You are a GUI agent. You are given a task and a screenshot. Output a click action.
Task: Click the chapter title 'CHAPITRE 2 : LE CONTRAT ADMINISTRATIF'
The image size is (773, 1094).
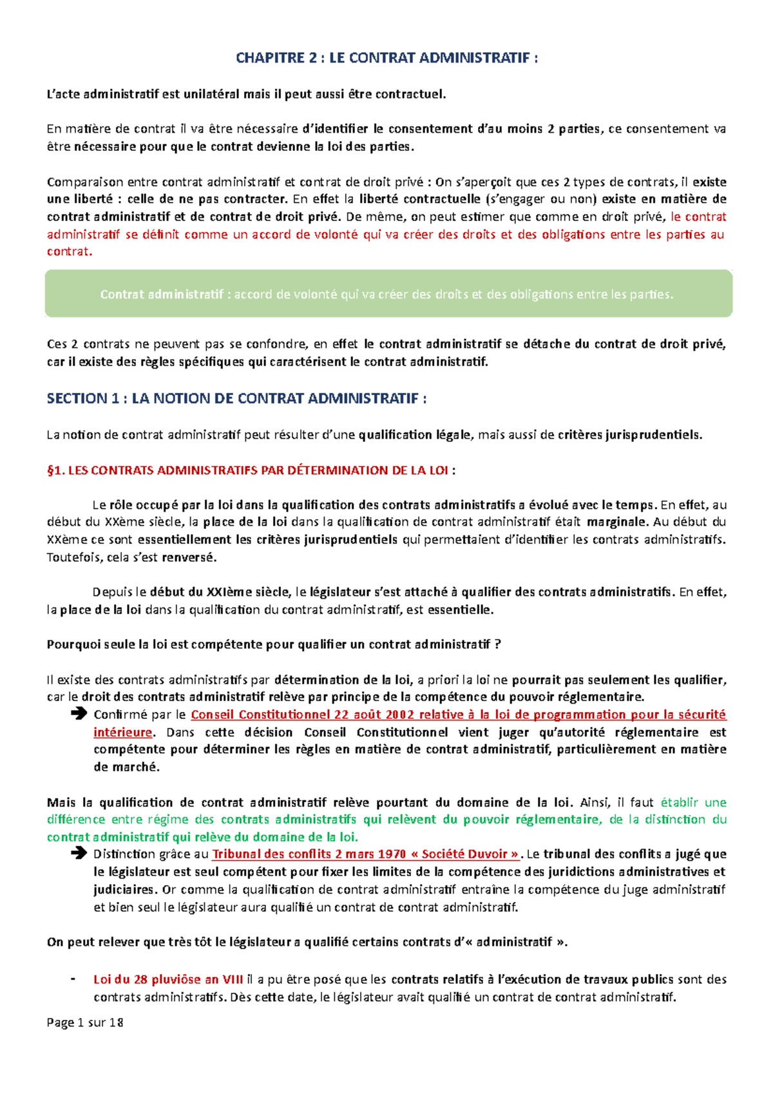[x=386, y=58]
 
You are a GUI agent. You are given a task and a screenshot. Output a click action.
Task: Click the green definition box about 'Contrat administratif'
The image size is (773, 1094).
[x=388, y=294]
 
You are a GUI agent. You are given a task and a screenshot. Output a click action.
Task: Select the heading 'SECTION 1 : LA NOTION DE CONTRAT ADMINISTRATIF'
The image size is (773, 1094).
[x=236, y=399]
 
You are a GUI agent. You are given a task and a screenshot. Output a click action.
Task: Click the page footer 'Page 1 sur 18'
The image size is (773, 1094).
[x=85, y=1022]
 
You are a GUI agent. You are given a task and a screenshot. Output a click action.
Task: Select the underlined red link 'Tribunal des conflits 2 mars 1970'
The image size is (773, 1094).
[x=309, y=854]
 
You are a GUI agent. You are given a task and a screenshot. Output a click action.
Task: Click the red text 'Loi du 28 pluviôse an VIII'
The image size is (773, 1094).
[x=168, y=979]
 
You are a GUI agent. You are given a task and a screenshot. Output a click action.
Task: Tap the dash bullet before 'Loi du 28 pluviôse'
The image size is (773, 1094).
[x=72, y=979]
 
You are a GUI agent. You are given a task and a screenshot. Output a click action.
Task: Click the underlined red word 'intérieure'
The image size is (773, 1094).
[x=123, y=733]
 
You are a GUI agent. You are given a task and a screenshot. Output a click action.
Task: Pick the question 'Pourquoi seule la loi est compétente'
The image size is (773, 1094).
[x=274, y=644]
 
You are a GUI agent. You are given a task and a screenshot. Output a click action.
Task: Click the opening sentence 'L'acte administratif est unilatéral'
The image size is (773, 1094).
[x=246, y=94]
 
